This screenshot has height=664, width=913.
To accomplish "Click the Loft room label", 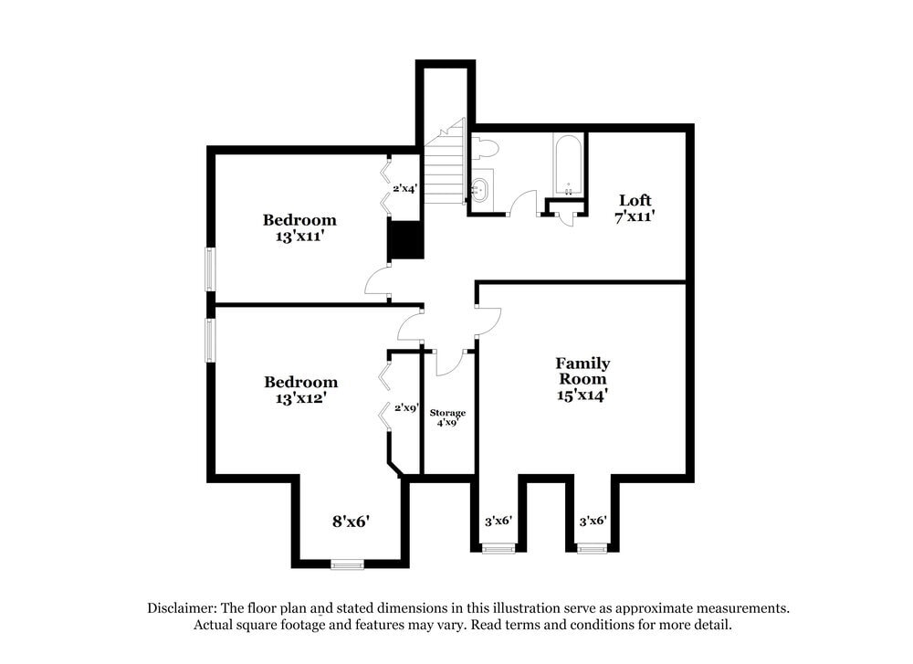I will (635, 200).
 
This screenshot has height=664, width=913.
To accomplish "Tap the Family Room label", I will (582, 371).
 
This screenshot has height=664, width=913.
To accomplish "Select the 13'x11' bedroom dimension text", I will (299, 236).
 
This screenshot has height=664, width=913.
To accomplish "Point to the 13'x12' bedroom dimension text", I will (300, 398).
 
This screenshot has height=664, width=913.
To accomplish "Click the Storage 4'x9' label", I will (447, 418).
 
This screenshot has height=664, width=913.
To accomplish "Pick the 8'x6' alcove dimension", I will (351, 522).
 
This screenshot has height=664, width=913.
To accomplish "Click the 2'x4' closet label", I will (404, 189).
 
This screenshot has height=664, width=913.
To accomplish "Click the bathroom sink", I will (481, 189).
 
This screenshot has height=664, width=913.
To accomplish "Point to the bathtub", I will (567, 164).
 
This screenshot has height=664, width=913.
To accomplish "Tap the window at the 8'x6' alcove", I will (348, 564).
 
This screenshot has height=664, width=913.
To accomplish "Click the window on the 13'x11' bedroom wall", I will (210, 269).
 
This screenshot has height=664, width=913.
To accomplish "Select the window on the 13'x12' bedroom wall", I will (210, 340).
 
